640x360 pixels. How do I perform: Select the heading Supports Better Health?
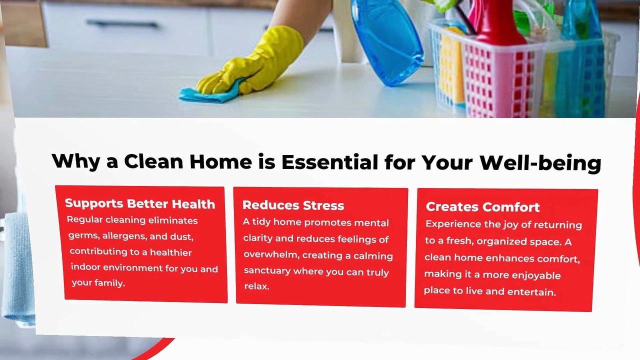click(140, 203)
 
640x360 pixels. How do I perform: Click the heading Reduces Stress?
click(293, 205)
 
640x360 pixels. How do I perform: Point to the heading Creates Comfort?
click(482, 207)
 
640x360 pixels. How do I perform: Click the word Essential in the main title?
click(329, 162)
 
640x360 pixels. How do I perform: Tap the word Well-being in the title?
click(540, 163)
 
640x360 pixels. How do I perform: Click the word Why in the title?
click(75, 161)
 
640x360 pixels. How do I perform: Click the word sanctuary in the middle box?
click(267, 270)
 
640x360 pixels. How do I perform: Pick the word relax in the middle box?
click(256, 286)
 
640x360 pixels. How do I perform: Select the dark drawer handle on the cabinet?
click(122, 23)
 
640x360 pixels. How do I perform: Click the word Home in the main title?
click(221, 161)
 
